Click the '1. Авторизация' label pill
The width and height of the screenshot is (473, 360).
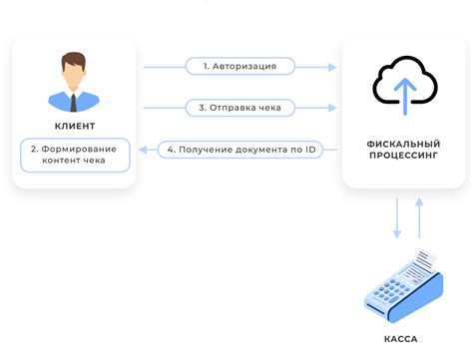(x=238, y=67)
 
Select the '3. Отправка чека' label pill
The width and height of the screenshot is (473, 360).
(x=238, y=107)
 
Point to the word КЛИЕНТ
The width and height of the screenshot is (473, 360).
(x=74, y=126)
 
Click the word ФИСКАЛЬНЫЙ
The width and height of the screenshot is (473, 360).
(x=402, y=144)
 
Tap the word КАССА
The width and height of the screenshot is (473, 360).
(x=402, y=340)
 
